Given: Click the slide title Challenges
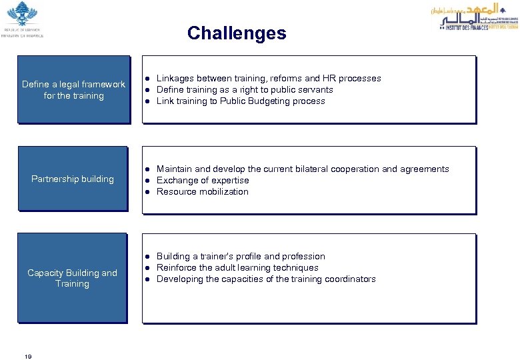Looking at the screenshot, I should (237, 33).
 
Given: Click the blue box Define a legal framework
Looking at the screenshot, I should (73, 89).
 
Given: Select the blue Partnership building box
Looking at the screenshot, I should (73, 179).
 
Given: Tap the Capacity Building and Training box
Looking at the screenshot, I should (72, 278).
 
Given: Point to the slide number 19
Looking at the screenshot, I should (28, 357).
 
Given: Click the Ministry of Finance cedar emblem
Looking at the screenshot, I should (23, 15).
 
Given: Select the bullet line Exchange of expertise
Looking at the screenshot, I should (203, 180).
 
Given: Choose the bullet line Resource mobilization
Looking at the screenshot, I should (202, 191).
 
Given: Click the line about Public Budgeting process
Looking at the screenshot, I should (241, 101).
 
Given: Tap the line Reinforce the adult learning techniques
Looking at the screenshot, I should (237, 267).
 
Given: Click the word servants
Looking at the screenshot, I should (316, 89).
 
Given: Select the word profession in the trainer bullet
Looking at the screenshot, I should (304, 256).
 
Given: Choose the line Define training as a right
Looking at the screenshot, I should (245, 89).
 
